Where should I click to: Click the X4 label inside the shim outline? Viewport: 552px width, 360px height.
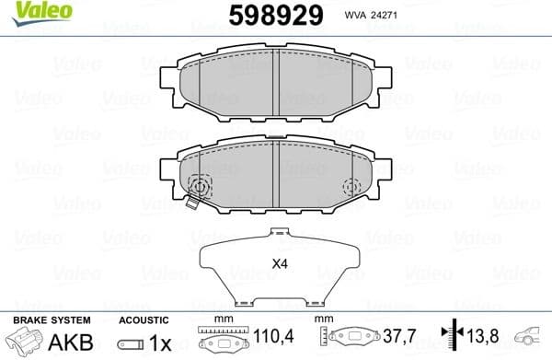coord(278,263)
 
